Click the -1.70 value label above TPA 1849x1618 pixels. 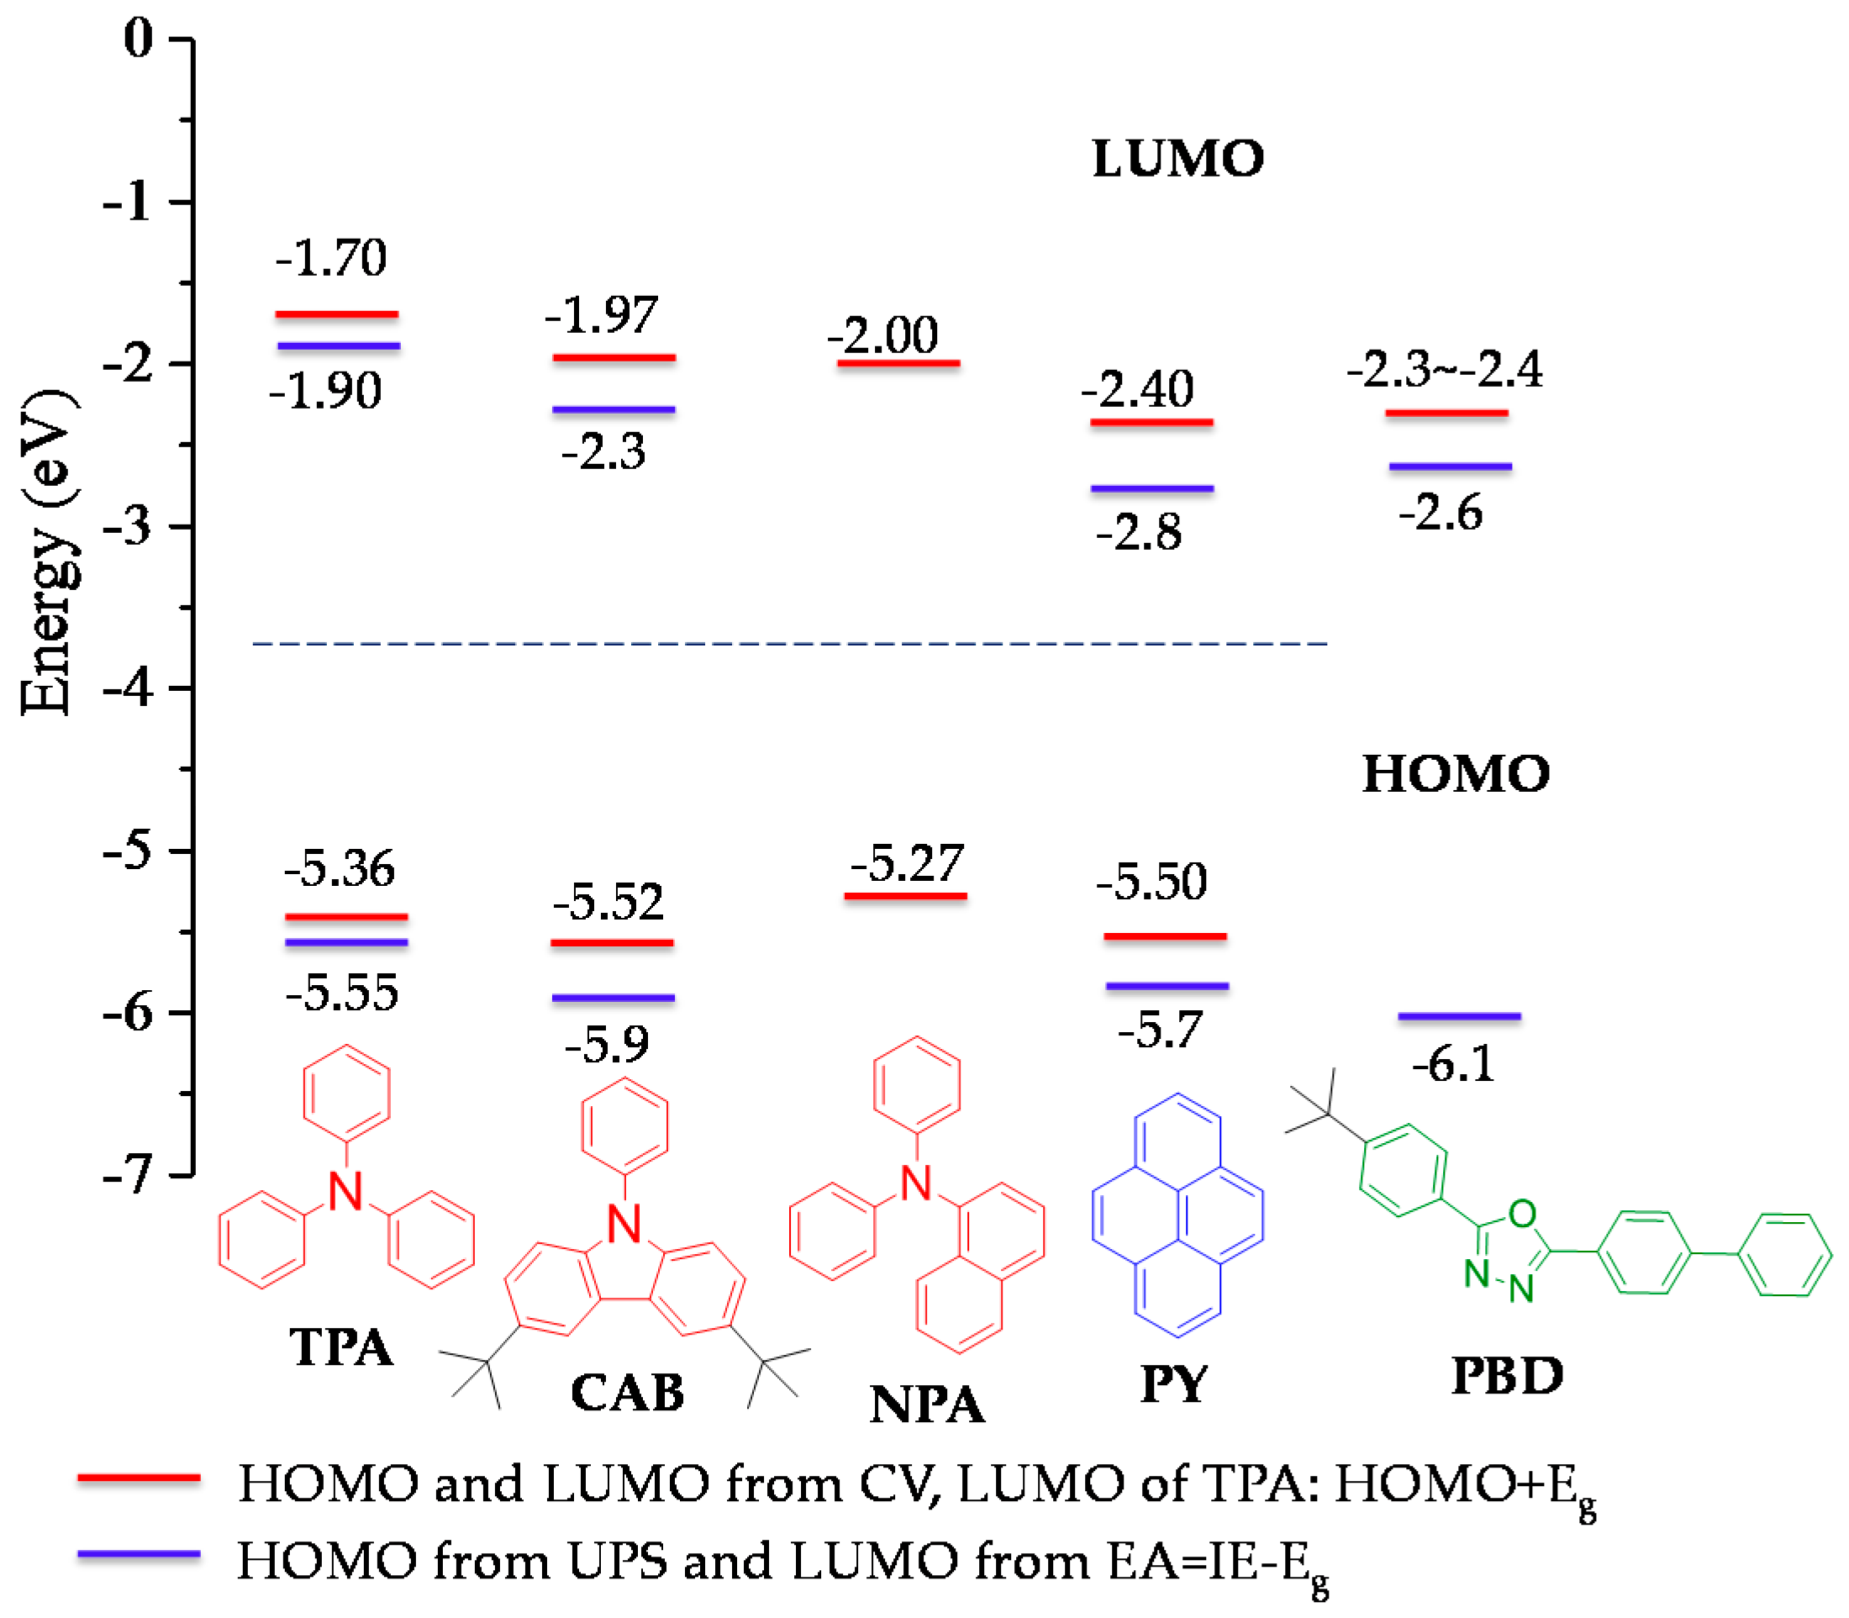(330, 258)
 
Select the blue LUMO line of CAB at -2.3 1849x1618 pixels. (613, 410)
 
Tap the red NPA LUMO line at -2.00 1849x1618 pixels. (898, 363)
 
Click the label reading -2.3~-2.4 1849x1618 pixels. (1444, 369)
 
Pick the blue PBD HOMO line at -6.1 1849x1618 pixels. (1458, 1017)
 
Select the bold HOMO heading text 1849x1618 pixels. (1455, 775)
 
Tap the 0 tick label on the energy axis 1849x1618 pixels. (139, 39)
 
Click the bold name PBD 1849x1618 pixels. (1506, 1376)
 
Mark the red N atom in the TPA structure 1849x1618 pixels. (345, 1192)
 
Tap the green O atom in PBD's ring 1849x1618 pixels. (1522, 1214)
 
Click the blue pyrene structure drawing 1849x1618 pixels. (1177, 1215)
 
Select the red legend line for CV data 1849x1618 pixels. (138, 1478)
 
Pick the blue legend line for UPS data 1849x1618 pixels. (138, 1555)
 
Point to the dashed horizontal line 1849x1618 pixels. (789, 644)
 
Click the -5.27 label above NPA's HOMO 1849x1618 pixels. (907, 864)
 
